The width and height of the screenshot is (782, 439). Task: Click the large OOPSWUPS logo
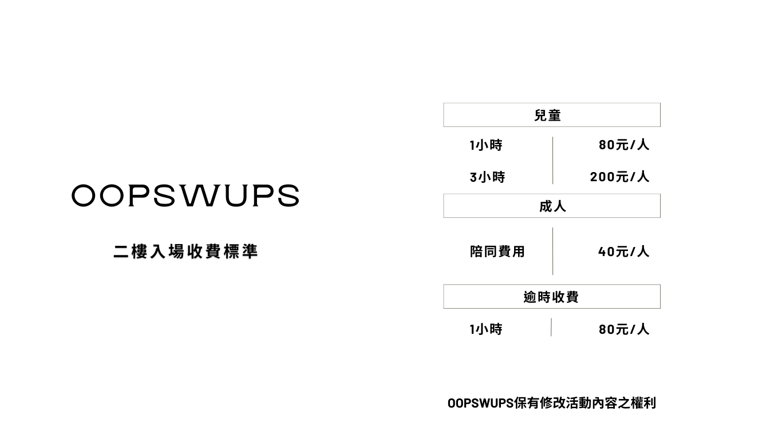click(x=185, y=195)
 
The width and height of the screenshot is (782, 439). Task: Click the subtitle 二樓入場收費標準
click(x=185, y=252)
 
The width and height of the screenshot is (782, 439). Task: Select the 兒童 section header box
click(x=551, y=115)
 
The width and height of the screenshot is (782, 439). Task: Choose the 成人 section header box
click(x=551, y=206)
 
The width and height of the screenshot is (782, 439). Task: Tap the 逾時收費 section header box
click(x=551, y=297)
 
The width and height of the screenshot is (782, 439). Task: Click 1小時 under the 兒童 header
click(x=485, y=145)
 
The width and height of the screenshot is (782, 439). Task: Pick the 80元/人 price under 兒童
click(x=624, y=145)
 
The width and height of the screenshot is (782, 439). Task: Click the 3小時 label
click(x=487, y=177)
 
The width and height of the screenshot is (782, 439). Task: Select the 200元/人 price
click(x=619, y=177)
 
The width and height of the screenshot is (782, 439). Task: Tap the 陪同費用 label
click(x=497, y=252)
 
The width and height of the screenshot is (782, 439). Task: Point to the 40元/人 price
click(x=623, y=252)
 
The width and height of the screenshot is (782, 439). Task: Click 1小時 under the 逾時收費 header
click(x=485, y=329)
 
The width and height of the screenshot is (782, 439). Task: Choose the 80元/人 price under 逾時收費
click(x=624, y=329)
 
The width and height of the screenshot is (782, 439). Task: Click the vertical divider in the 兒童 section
click(x=552, y=160)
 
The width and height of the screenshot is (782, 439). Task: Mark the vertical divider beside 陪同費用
click(x=552, y=251)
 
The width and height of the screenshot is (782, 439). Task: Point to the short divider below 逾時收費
click(x=551, y=327)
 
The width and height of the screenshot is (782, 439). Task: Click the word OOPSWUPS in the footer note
click(x=480, y=403)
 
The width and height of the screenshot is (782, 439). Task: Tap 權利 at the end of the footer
click(x=643, y=403)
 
